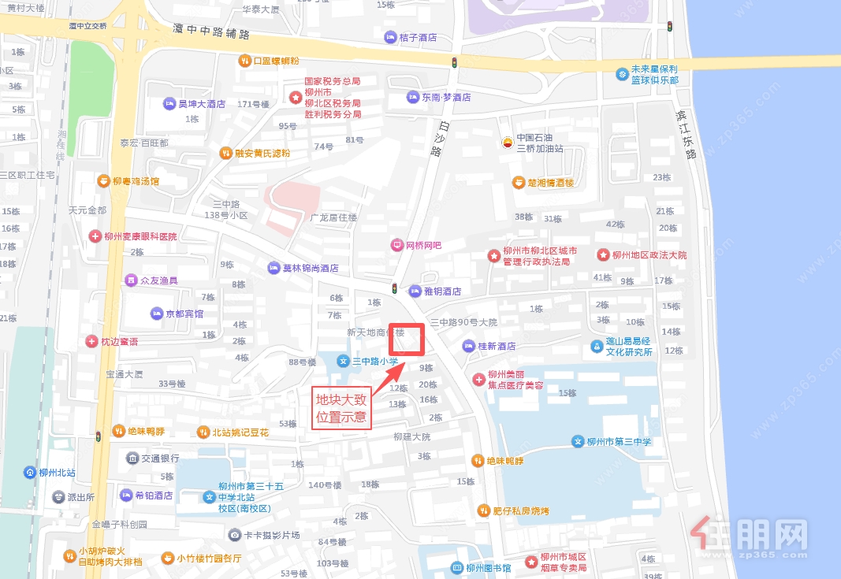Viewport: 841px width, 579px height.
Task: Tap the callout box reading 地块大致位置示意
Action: click(340, 408)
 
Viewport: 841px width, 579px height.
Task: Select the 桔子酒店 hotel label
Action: click(418, 37)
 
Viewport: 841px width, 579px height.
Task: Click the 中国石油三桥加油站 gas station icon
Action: click(508, 143)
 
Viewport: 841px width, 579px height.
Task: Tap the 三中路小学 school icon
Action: click(343, 361)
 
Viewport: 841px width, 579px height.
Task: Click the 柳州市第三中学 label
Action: click(619, 442)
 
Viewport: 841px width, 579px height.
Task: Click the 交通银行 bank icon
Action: click(132, 458)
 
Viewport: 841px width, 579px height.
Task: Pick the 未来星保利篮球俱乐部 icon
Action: click(623, 74)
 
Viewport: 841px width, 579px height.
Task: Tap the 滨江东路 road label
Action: click(686, 135)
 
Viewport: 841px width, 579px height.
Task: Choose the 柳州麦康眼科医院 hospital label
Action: click(140, 236)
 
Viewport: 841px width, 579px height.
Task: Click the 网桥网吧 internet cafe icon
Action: click(396, 245)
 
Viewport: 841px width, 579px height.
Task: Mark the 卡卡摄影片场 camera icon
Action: click(234, 535)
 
